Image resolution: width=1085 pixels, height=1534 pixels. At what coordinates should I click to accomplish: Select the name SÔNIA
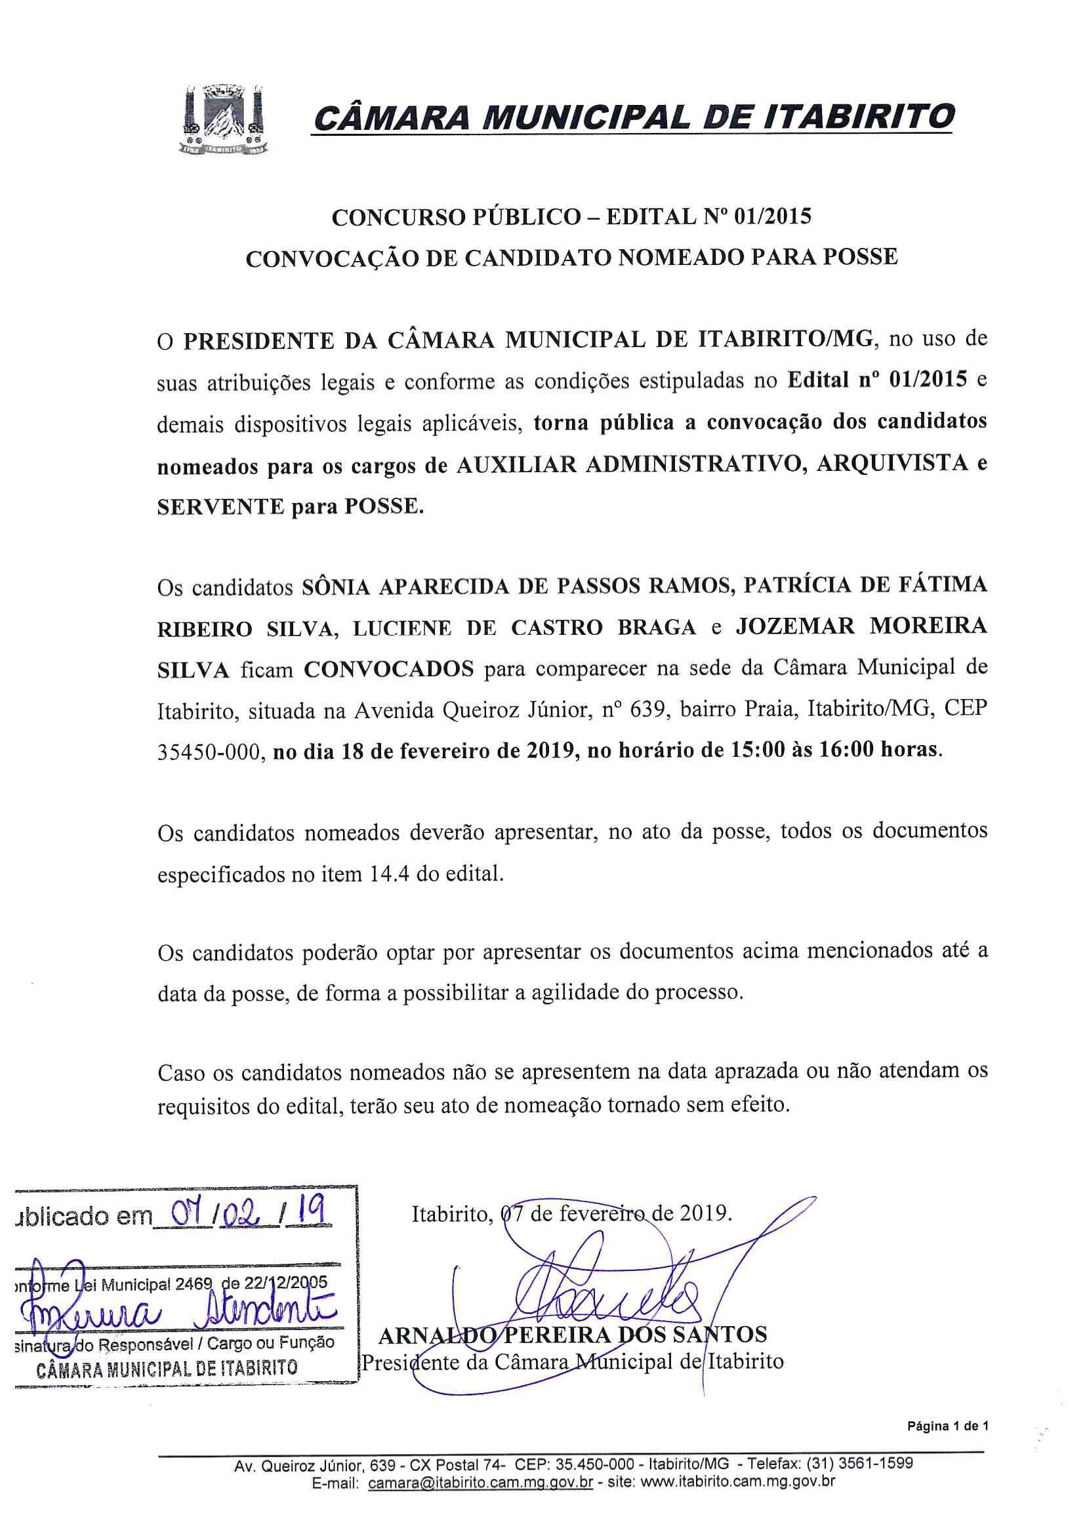(x=337, y=585)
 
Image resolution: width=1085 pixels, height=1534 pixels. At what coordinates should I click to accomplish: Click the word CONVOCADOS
(x=388, y=669)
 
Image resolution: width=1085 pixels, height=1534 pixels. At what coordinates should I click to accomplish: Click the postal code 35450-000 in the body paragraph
(x=207, y=752)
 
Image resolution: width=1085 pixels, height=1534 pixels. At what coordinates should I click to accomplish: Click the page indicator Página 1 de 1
(x=947, y=1426)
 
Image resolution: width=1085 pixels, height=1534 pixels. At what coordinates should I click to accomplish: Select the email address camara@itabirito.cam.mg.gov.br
(x=480, y=1482)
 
